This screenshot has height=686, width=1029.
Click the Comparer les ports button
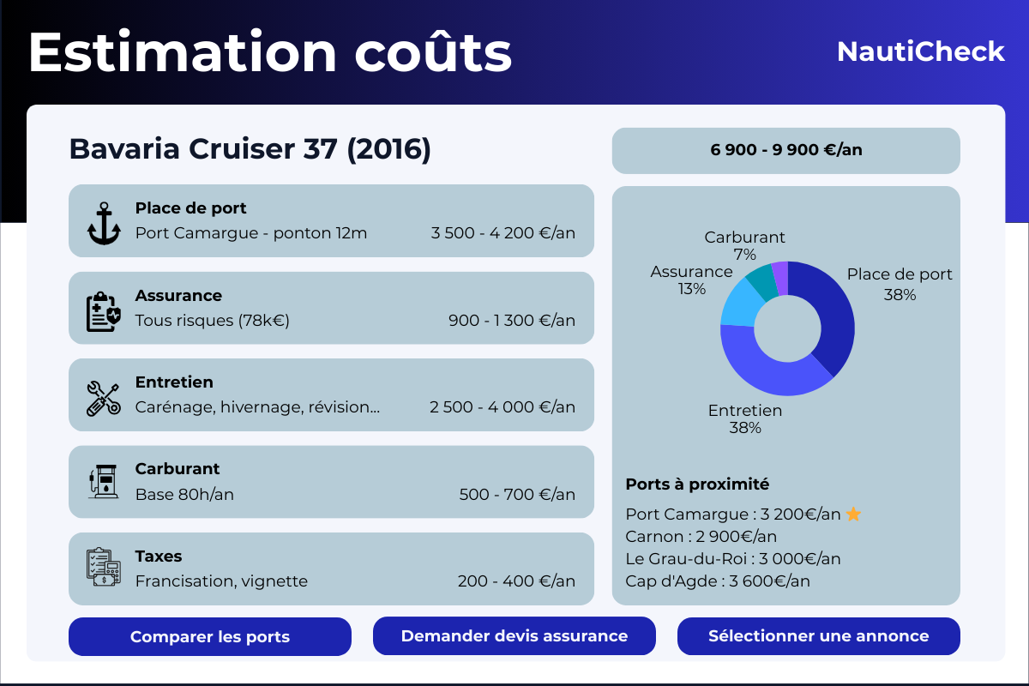pyautogui.click(x=210, y=637)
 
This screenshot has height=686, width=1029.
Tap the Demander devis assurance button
pyautogui.click(x=514, y=636)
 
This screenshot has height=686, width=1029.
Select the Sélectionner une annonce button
pyautogui.click(x=819, y=636)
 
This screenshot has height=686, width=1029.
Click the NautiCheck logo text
pyautogui.click(x=920, y=51)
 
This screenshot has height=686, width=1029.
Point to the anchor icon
pyautogui.click(x=105, y=223)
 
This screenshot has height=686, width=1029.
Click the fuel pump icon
pyautogui.click(x=105, y=482)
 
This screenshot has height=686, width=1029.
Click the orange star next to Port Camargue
pyautogui.click(x=853, y=514)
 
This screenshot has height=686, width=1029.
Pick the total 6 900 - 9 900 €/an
pyautogui.click(x=786, y=150)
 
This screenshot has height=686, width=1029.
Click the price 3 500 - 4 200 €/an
pyautogui.click(x=502, y=233)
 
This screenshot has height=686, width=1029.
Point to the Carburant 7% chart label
pyautogui.click(x=744, y=245)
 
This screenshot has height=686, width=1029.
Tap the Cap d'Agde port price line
pyautogui.click(x=718, y=581)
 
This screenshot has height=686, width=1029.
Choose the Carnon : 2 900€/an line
pyautogui.click(x=701, y=537)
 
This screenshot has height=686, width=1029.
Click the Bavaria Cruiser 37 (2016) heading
pyautogui.click(x=250, y=149)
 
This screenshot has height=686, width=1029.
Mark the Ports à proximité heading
pyautogui.click(x=697, y=484)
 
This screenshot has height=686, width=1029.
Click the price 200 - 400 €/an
pyautogui.click(x=516, y=581)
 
